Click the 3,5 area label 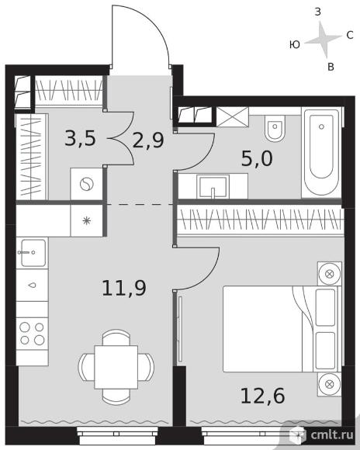pos(80,138)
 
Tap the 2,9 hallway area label pos(148,140)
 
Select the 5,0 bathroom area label pos(257,158)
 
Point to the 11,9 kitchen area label pos(124,288)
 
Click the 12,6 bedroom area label pos(263,396)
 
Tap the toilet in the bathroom pos(275,128)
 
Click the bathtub pos(321,153)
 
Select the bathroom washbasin pos(213,186)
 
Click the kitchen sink pos(32,253)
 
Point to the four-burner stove pos(32,334)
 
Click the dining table pos(116,367)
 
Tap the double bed pos(282,329)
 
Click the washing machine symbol pos(86,184)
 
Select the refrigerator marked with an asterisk pos(86,220)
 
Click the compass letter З pos(317,12)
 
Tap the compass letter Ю pos(295,44)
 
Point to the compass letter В pos(331,67)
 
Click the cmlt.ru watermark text pos(332,435)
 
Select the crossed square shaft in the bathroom pos(232,116)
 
